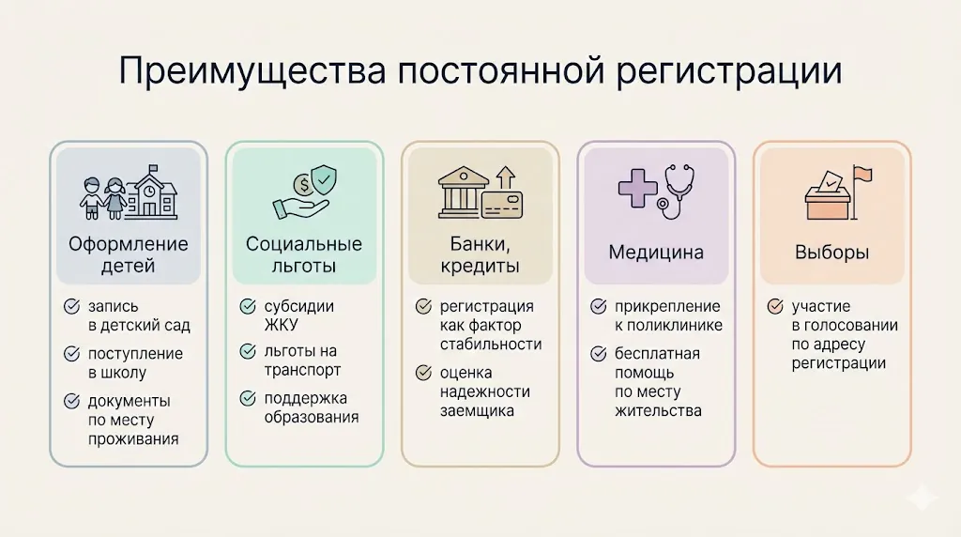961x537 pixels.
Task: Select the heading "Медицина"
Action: tap(655, 253)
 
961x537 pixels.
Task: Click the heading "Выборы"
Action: tap(831, 253)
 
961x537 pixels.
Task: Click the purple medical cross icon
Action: tap(635, 188)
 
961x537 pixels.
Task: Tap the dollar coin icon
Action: tap(302, 183)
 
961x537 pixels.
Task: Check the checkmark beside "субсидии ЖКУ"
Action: tap(248, 307)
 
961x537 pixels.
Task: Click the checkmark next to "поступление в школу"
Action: tap(71, 354)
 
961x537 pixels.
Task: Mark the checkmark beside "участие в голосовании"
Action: tap(775, 307)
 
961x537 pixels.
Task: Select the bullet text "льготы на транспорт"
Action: tap(301, 361)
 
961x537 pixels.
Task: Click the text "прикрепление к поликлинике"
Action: tap(668, 315)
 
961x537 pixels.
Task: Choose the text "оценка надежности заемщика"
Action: tap(484, 391)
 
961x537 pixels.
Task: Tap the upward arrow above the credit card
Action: tap(507, 176)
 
